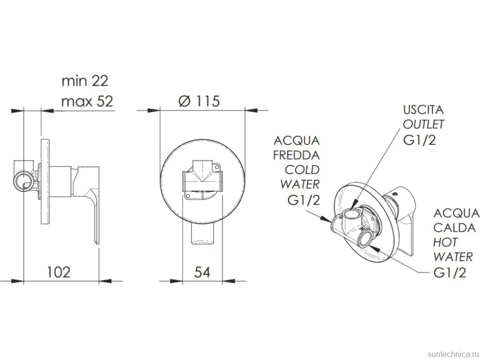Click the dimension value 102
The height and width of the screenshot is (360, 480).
click(58, 272)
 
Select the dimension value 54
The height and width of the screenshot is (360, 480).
click(202, 272)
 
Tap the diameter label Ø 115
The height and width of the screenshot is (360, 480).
click(199, 101)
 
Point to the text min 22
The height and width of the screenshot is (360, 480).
click(85, 81)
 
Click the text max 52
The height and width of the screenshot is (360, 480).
click(87, 101)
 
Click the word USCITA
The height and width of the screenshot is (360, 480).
click(423, 110)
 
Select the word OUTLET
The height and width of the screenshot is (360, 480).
click(424, 125)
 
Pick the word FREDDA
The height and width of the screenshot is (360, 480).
click(296, 155)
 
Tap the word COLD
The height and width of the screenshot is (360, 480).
click(302, 170)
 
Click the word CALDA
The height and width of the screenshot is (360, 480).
click(455, 228)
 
